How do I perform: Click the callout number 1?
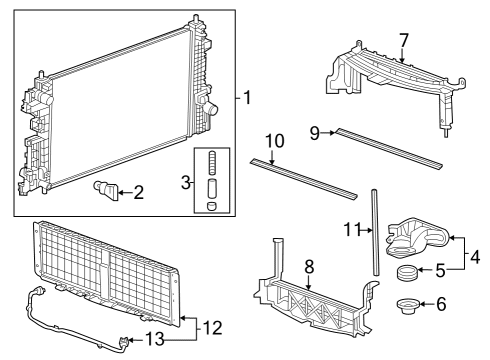(249, 98)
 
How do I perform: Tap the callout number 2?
(138, 191)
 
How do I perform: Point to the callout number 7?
(403, 40)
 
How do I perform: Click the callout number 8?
(308, 267)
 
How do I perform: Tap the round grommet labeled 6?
(408, 304)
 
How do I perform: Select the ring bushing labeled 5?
(407, 273)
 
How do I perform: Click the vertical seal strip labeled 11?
(377, 231)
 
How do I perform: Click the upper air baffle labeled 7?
(390, 75)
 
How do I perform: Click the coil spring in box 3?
(211, 163)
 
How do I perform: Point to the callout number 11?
(349, 229)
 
